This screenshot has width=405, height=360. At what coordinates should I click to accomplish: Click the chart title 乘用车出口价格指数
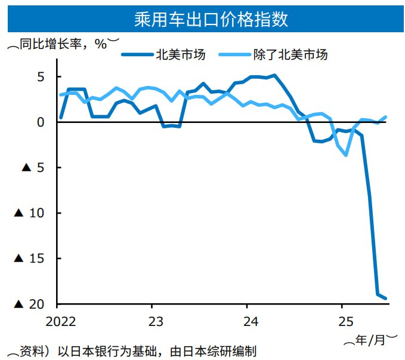202,20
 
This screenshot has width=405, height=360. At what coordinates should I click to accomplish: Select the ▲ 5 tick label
34,168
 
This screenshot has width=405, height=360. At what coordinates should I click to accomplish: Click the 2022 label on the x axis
60,320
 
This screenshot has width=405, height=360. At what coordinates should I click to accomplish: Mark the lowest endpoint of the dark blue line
386,298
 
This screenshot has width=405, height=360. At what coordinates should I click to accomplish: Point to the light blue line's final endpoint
386,117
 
